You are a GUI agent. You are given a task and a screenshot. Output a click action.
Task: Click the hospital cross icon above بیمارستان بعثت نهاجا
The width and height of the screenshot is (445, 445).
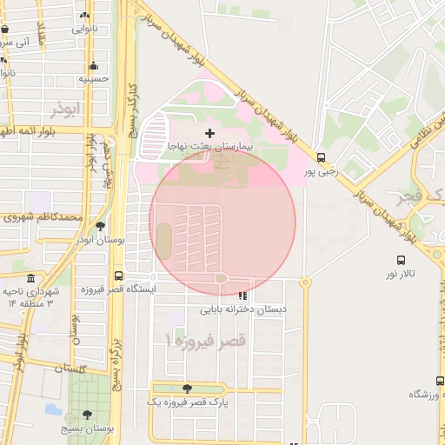[x=209, y=133]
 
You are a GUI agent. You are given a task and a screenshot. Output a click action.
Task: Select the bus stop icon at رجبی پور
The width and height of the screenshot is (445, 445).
[x=322, y=158]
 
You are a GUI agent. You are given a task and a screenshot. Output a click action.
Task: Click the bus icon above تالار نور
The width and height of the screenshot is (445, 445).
[x=401, y=260]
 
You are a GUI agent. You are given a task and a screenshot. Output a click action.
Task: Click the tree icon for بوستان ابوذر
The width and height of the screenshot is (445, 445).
[x=100, y=225]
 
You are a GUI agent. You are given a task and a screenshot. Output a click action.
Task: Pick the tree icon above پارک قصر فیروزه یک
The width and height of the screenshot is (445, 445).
[x=187, y=389]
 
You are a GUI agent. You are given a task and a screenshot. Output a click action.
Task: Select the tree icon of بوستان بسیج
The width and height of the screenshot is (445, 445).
[x=86, y=415]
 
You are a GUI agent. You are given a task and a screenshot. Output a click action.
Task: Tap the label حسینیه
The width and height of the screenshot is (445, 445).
[x=93, y=79]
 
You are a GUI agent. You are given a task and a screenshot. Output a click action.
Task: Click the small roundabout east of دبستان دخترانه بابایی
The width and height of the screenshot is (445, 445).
[x=305, y=282]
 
